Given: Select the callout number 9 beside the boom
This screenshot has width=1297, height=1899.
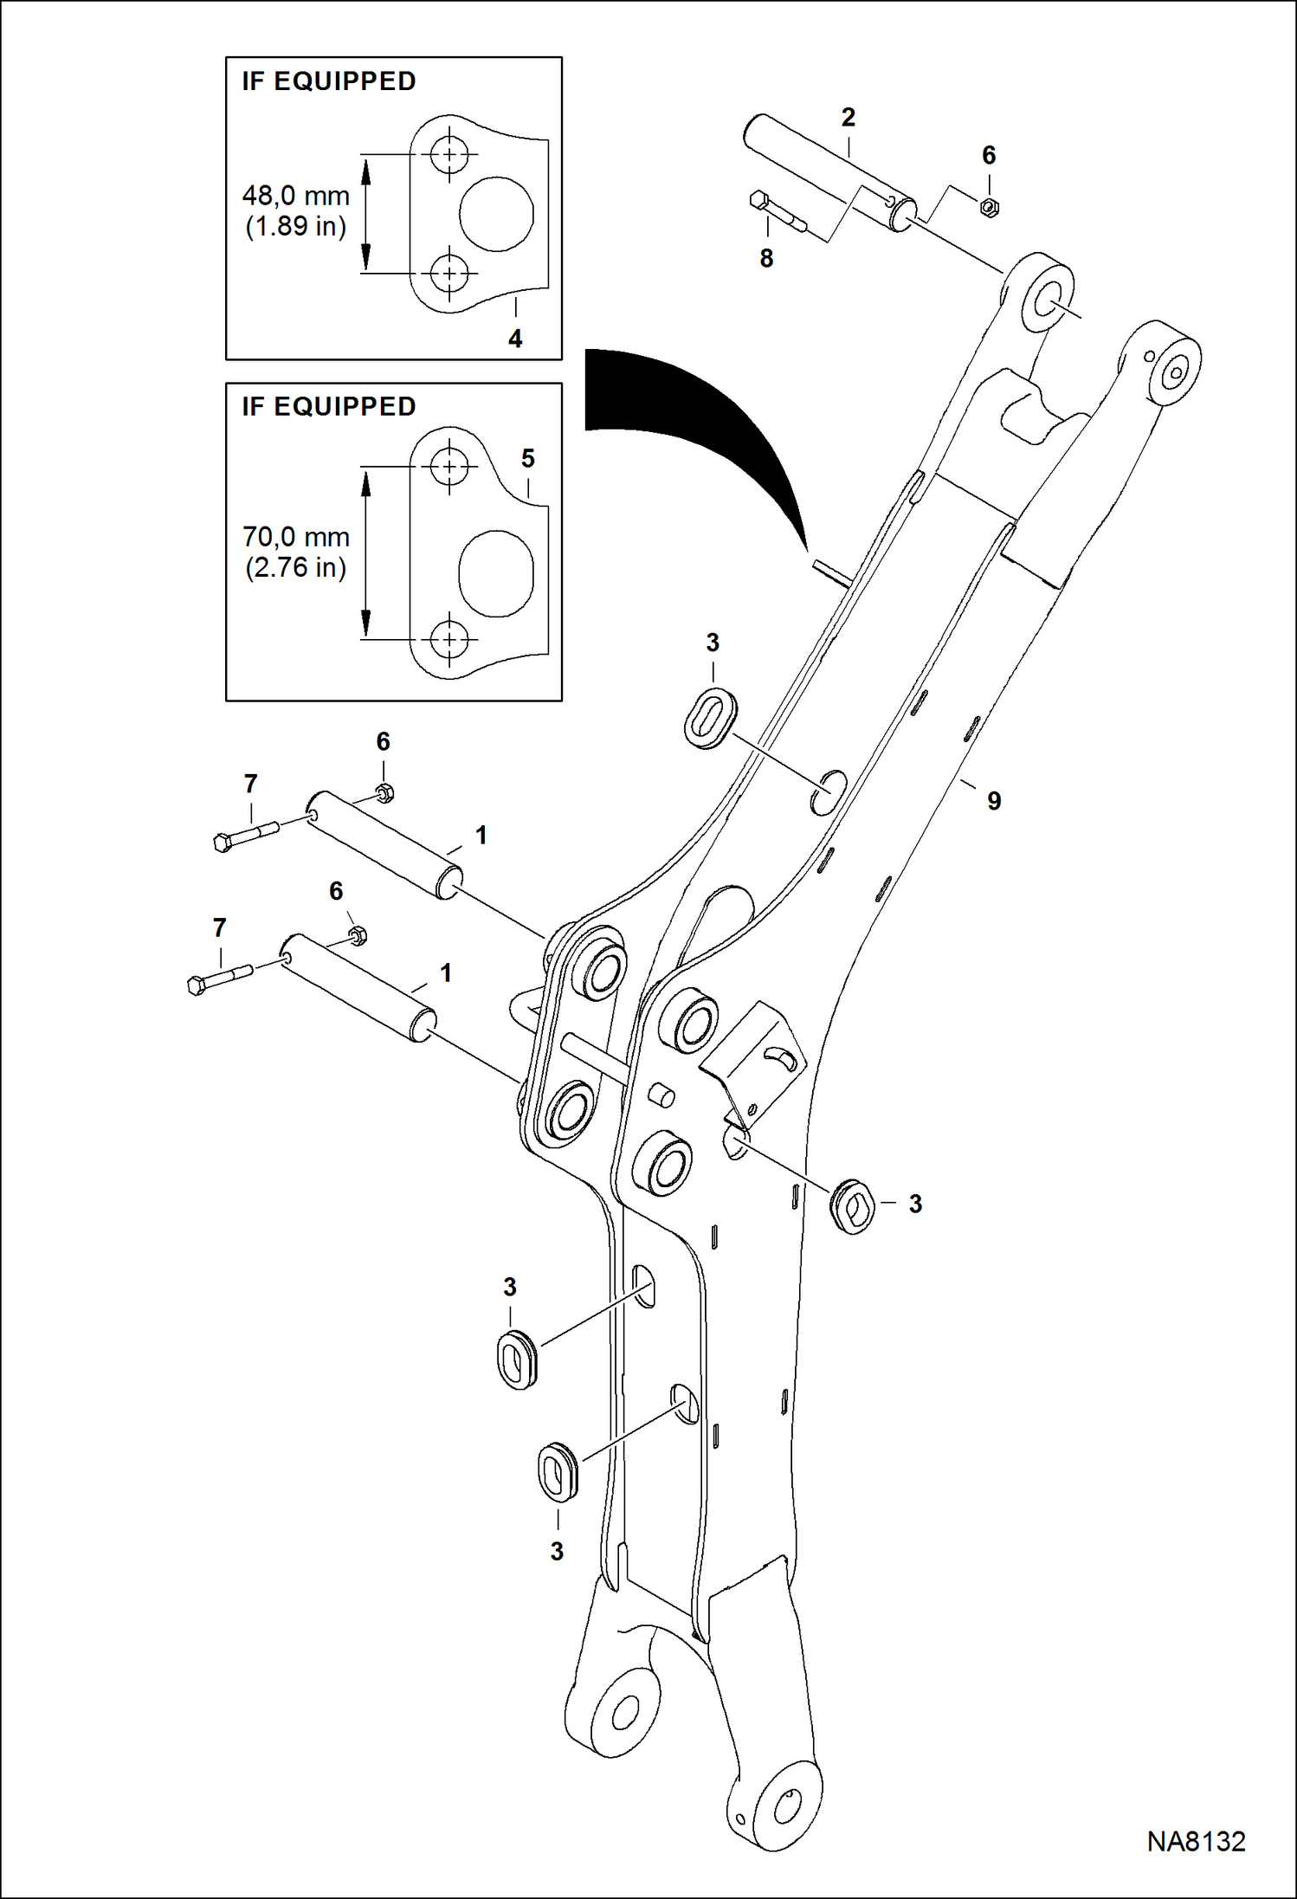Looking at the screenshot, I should (x=994, y=801).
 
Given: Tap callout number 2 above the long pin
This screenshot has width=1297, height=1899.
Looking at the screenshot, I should (x=848, y=117).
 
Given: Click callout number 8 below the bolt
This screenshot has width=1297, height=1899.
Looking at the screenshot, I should (x=766, y=258).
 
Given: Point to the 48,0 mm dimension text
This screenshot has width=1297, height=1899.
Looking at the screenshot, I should (x=296, y=196).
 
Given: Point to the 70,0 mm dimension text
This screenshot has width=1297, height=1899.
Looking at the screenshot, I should (x=296, y=537).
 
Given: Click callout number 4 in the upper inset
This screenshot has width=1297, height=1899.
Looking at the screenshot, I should (x=515, y=339).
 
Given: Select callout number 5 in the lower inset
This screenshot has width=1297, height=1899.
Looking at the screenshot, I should (x=528, y=458).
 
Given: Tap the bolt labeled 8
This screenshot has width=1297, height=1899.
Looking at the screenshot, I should (x=777, y=213).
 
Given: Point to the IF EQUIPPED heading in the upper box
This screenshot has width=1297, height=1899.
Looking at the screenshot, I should (x=329, y=81).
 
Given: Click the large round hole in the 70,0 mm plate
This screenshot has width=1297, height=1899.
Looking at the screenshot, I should (x=494, y=573).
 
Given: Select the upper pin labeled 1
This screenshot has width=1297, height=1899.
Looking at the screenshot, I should (x=385, y=844).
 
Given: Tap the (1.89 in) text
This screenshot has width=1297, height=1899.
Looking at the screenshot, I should (x=296, y=227).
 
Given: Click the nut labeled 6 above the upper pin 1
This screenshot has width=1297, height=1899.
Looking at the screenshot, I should (x=385, y=792).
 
